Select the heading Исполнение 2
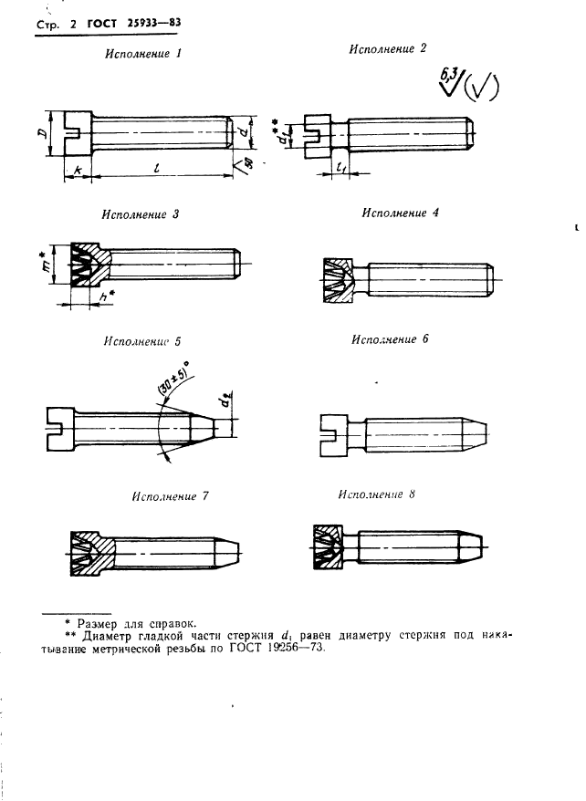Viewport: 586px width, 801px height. pyautogui.click(x=388, y=48)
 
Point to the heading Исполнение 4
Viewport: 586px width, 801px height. pyautogui.click(x=401, y=213)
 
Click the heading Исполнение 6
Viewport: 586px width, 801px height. pyautogui.click(x=390, y=338)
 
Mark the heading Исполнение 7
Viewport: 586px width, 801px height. pyautogui.click(x=170, y=496)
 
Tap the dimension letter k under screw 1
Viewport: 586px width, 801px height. pyautogui.click(x=76, y=171)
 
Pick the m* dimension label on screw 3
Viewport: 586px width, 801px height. pyautogui.click(x=54, y=263)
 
